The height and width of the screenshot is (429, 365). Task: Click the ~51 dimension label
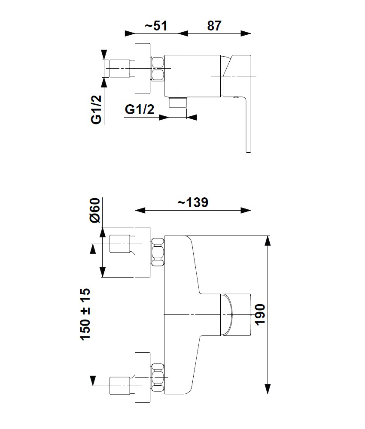(x=155, y=26)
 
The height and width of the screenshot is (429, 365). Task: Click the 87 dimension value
(x=214, y=26)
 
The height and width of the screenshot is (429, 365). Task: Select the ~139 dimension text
(x=193, y=202)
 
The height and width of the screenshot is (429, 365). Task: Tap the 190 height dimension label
(x=260, y=314)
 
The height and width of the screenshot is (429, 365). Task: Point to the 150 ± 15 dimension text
(x=85, y=314)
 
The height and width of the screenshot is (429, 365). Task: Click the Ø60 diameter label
(x=95, y=210)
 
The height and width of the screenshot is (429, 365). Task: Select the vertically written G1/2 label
(x=96, y=110)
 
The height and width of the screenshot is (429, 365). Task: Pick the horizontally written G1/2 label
(x=140, y=109)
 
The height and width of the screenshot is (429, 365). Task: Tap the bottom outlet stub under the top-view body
(x=178, y=103)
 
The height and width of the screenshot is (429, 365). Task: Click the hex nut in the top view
(x=158, y=68)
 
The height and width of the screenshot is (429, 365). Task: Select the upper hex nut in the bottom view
(x=158, y=252)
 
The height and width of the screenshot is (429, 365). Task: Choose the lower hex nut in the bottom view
(x=158, y=377)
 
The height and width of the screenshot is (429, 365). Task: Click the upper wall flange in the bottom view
(x=143, y=252)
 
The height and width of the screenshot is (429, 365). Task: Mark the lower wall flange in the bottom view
(x=143, y=377)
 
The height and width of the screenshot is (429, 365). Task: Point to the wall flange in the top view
(x=143, y=69)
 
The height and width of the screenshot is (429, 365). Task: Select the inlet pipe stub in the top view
(x=120, y=68)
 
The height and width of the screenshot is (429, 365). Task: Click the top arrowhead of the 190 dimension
(x=268, y=240)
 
